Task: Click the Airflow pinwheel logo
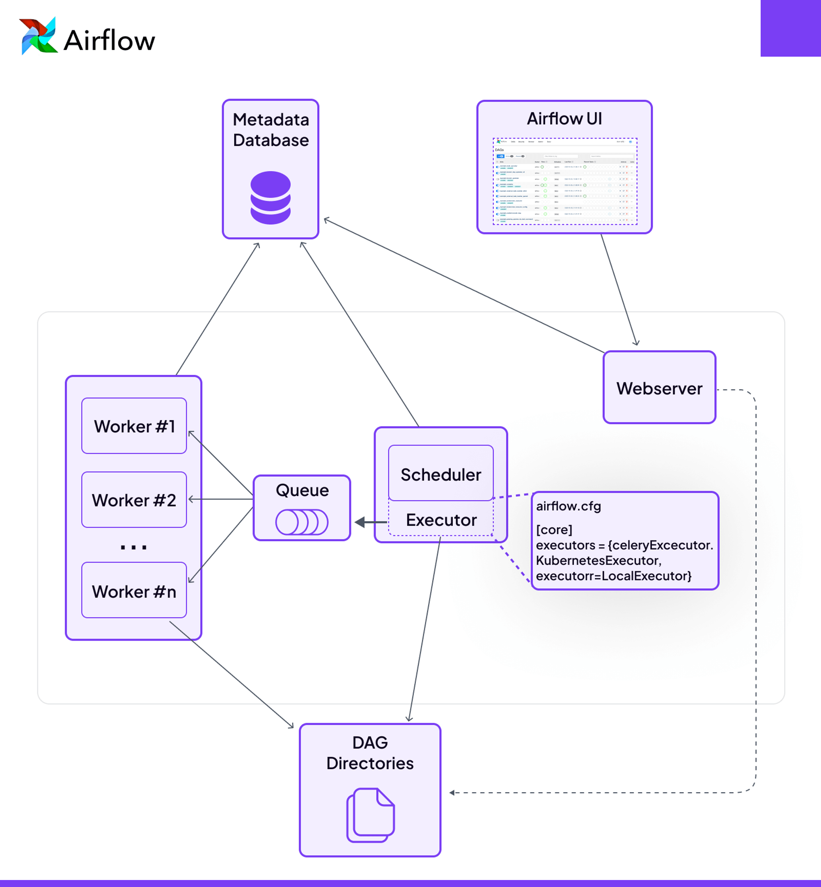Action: point(38,37)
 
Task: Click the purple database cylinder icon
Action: point(271,198)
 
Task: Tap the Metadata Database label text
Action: point(271,130)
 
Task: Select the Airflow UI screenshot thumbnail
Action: point(565,182)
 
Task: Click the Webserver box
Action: point(659,388)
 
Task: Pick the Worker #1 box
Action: point(134,426)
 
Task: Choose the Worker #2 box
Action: point(134,500)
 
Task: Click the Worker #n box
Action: point(134,591)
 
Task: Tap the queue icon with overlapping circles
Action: point(302,522)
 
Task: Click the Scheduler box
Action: point(441,474)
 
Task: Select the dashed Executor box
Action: point(441,519)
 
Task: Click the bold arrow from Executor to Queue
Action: point(369,522)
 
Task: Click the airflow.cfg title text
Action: point(568,506)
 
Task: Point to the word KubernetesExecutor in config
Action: point(598,561)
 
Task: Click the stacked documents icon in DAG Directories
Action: point(371,815)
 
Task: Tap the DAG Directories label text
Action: point(370,753)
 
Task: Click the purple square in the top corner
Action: point(790,28)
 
